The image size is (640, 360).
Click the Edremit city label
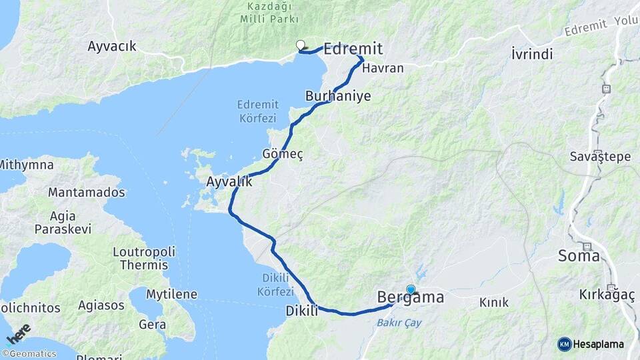pos(353,48)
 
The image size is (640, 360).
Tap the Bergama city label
pos(410,297)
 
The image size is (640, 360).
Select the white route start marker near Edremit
pos(300,45)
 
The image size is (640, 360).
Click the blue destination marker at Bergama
pos(411,289)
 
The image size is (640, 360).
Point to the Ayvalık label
pos(229,181)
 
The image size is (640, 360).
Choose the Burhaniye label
pos(338,96)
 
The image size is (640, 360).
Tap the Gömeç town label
pos(283,154)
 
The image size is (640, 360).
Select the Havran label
pos(383,68)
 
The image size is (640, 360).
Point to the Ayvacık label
pos(112,46)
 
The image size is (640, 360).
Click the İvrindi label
pos(532,54)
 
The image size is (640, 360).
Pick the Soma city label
pos(579,255)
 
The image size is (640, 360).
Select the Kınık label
pos(494,303)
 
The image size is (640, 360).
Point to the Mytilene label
pos(172,294)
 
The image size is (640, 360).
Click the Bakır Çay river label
pos(399,323)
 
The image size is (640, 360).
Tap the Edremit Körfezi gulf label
pos(256,111)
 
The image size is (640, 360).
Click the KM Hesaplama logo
pos(591,344)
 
